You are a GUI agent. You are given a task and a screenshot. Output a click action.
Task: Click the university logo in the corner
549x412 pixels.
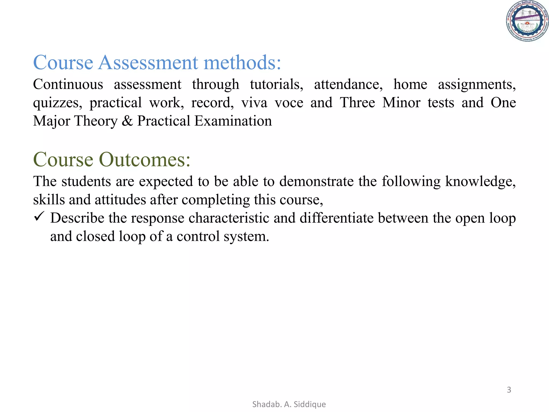pos(527,21)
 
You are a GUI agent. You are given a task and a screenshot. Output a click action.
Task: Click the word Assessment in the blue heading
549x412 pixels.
pos(148,62)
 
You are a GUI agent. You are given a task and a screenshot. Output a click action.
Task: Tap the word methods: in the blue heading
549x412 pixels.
pos(242,62)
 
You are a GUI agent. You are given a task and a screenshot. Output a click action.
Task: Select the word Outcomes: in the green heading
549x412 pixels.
pos(145,160)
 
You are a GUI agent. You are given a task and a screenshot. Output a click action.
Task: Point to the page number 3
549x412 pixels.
pos(509,390)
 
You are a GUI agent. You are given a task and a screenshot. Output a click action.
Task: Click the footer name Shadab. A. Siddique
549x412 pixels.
pos(289,404)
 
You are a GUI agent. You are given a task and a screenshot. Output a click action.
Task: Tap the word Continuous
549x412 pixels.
pos(68,84)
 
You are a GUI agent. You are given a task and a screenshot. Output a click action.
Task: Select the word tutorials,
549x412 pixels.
pos(276,84)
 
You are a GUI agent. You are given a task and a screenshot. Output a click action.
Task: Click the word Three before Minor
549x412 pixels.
pos(357,103)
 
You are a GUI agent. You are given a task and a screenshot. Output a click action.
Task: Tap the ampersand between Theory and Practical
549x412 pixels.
pos(127,121)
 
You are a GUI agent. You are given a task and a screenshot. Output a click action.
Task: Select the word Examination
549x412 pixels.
pos(233,121)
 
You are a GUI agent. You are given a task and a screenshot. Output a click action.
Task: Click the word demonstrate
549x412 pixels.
pos(316,182)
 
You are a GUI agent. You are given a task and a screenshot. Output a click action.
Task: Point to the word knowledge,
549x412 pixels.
pos(480,182)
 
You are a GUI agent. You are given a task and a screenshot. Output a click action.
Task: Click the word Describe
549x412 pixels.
pos(77,218)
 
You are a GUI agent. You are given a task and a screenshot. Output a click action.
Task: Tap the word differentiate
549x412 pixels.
pos(337,218)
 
